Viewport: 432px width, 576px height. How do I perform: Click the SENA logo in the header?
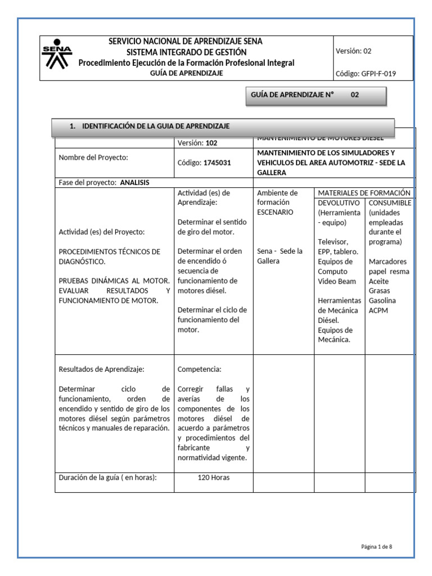click(57, 58)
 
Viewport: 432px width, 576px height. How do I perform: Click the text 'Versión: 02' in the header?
click(353, 51)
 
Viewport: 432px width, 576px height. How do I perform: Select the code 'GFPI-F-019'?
click(378, 73)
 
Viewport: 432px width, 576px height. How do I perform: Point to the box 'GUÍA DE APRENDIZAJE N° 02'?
click(317, 95)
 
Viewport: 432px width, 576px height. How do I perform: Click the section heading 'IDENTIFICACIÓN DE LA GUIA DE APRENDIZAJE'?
click(155, 126)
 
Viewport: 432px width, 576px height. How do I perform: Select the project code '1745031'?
click(217, 163)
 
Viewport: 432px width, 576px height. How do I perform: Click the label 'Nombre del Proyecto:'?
click(93, 157)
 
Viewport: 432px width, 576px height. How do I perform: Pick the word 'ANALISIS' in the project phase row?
click(135, 183)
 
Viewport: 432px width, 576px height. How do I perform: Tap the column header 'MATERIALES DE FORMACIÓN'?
click(364, 192)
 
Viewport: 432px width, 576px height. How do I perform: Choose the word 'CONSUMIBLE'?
click(390, 202)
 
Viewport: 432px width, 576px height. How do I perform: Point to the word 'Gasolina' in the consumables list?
click(383, 300)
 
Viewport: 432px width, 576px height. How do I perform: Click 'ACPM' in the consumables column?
click(379, 310)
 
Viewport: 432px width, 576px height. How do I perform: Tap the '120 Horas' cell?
click(213, 478)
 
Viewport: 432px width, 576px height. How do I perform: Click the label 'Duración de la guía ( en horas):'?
click(107, 478)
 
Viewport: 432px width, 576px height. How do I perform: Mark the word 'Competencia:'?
click(199, 370)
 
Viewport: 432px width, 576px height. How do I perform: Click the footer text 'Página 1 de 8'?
click(380, 546)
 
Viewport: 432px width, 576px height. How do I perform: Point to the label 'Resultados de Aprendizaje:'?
click(102, 370)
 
